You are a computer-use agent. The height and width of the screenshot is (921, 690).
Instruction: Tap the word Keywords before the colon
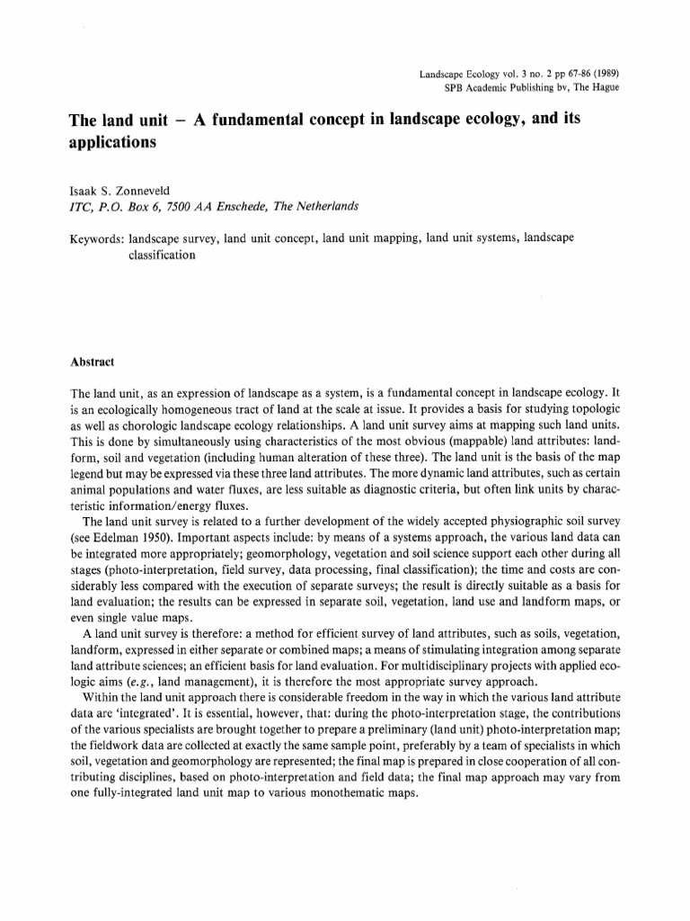(96, 239)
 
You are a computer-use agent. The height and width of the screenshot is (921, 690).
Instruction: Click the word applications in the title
(112, 142)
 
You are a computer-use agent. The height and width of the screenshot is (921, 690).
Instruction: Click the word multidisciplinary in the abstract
(471, 666)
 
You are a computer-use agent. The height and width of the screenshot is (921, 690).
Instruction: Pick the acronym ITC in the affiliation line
(81, 206)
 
